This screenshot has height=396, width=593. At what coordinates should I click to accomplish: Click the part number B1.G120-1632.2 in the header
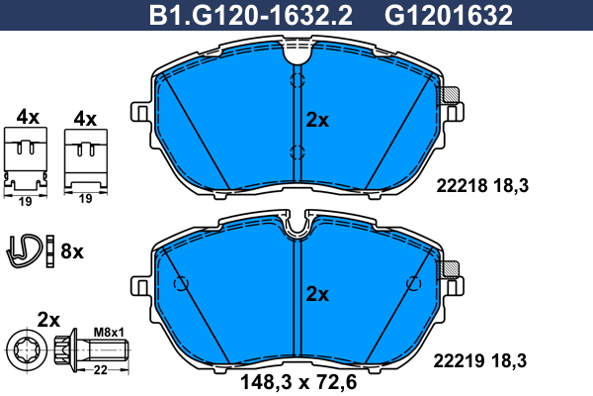coord(251,16)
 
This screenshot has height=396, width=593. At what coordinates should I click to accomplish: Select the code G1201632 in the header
coord(449,16)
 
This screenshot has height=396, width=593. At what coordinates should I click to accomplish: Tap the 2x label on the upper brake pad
coord(317,120)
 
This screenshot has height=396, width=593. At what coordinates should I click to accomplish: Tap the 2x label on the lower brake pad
coord(317,294)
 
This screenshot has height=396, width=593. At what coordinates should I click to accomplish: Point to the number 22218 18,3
coord(482,186)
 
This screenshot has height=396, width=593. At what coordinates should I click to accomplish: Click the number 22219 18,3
coord(479,360)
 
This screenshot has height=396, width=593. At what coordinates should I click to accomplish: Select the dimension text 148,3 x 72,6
coord(298,382)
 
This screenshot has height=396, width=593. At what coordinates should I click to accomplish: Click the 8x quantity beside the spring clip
coord(72,251)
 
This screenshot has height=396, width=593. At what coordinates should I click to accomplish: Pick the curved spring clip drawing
coord(24,250)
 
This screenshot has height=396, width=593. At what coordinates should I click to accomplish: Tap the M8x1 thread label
coord(109,333)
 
